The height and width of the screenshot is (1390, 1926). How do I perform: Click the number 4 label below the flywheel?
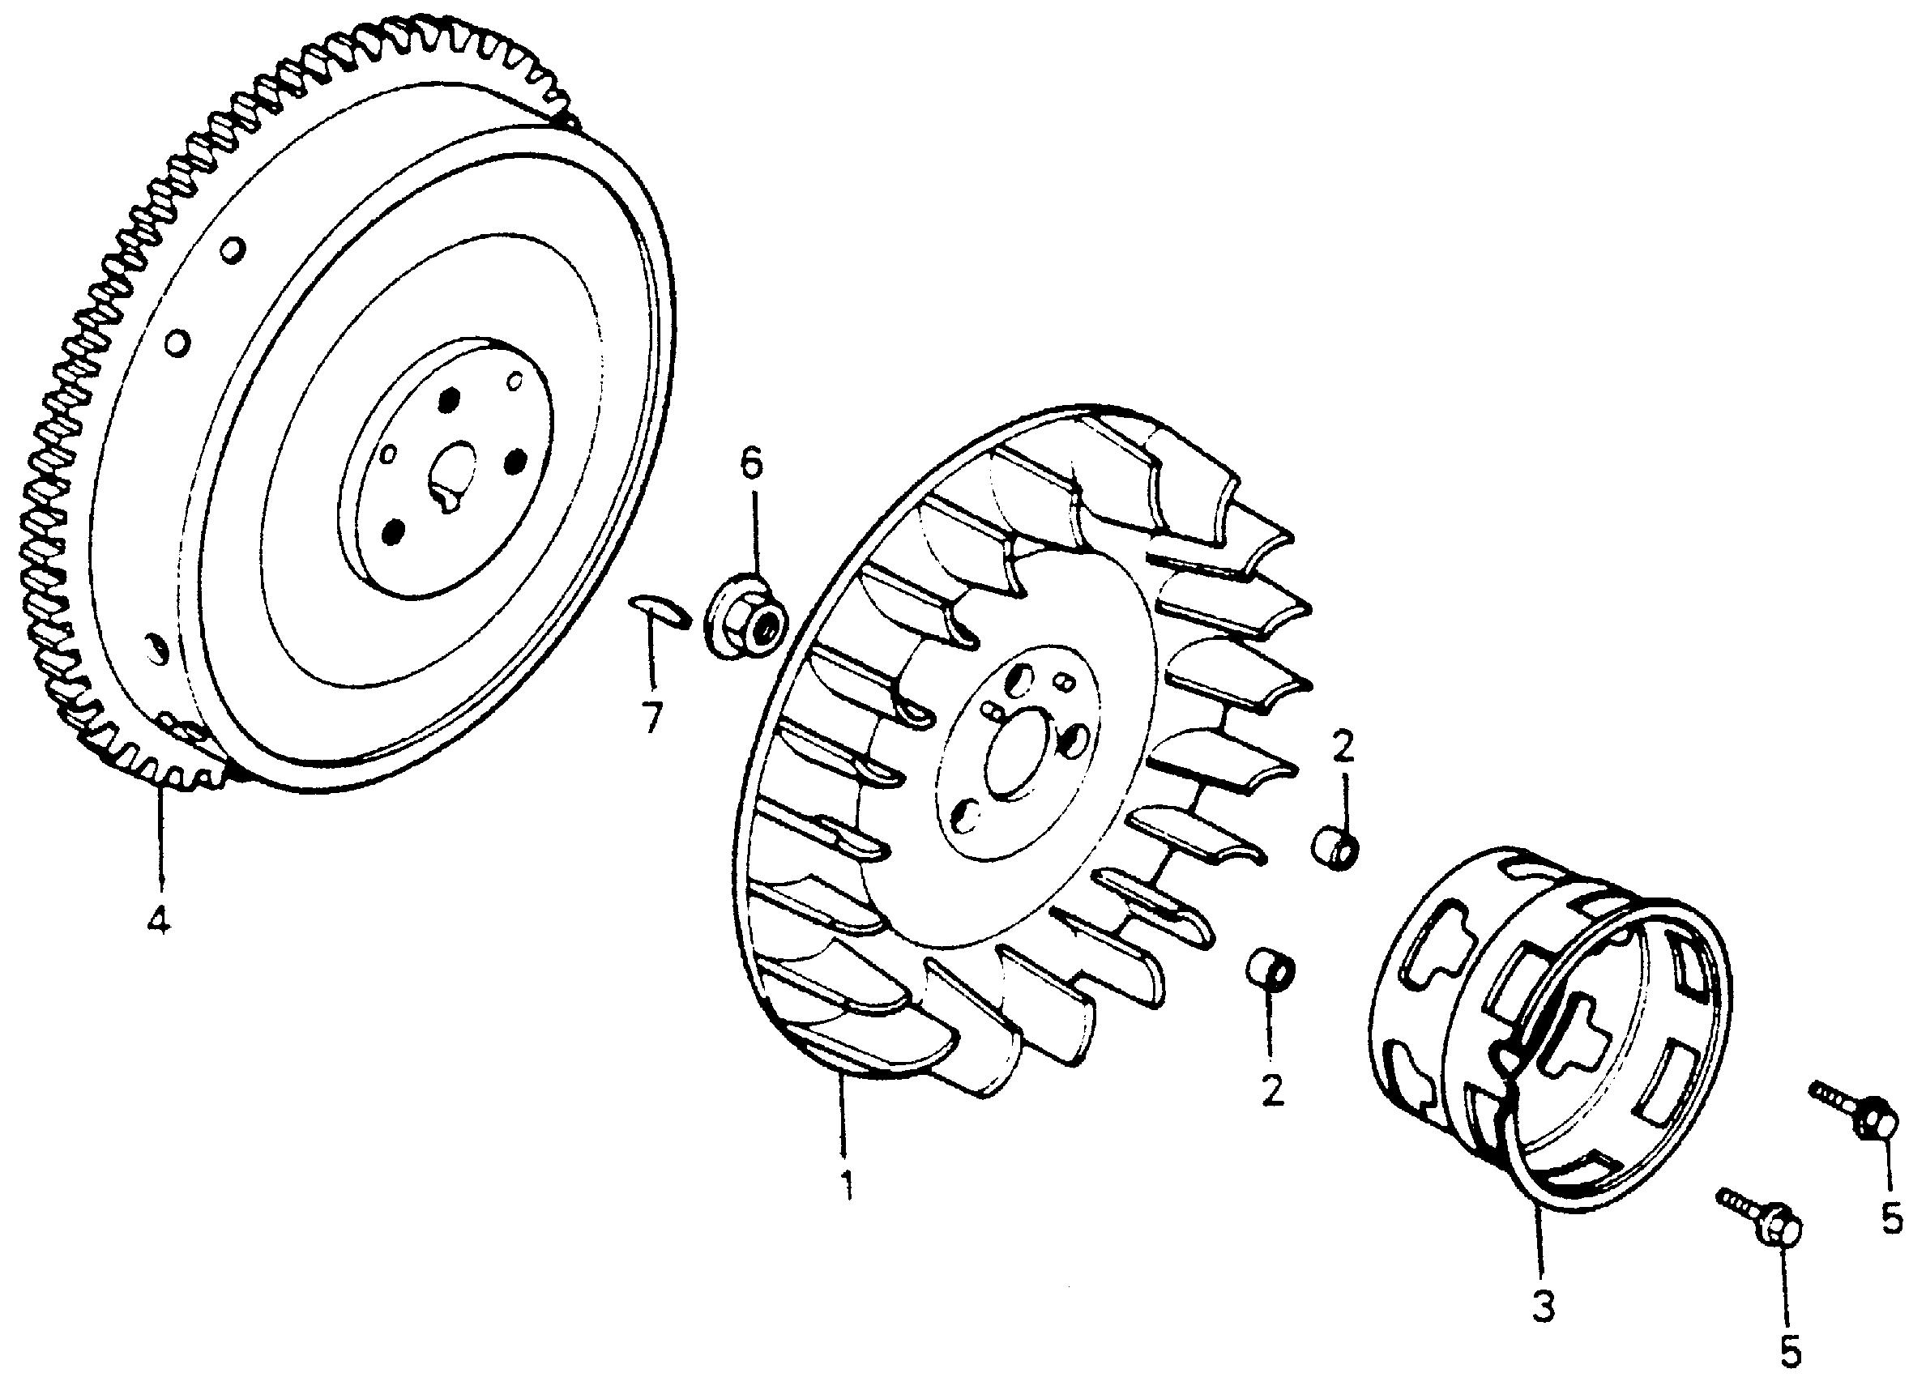(157, 919)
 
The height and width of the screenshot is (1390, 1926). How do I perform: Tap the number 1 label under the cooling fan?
(845, 1185)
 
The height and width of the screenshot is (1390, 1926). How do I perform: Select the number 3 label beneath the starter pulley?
(1543, 1307)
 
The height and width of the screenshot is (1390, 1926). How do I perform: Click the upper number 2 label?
(1343, 746)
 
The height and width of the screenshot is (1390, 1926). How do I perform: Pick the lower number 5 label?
(1790, 1350)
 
